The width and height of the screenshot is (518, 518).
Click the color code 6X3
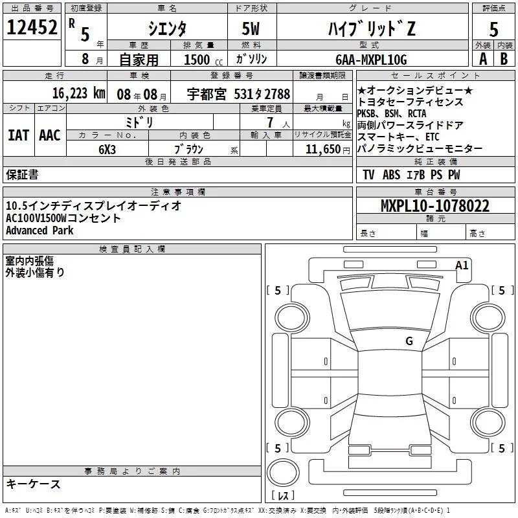click(107, 148)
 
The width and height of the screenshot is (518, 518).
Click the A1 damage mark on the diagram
click(462, 264)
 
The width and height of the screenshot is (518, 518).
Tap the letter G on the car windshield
click(409, 341)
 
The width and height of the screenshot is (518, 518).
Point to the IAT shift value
click(18, 135)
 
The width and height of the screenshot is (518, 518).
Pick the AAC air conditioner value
click(49, 135)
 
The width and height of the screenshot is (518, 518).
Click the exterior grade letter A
click(482, 59)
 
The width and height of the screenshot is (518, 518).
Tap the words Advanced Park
click(39, 231)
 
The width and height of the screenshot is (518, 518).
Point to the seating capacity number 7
click(269, 122)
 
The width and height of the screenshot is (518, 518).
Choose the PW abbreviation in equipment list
click(454, 175)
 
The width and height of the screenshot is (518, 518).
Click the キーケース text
click(33, 484)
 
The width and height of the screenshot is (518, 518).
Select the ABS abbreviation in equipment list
click(391, 175)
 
